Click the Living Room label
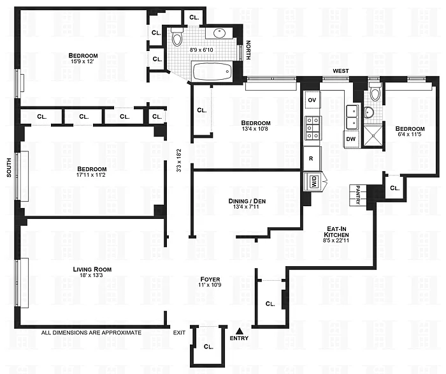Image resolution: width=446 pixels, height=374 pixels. pyautogui.click(x=92, y=269)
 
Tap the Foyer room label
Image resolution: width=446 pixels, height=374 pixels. pyautogui.click(x=210, y=279)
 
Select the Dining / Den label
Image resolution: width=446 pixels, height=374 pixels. pyautogui.click(x=247, y=201)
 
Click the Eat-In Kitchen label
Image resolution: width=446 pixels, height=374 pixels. pyautogui.click(x=336, y=232)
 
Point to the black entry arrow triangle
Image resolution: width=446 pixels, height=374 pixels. pyautogui.click(x=240, y=331)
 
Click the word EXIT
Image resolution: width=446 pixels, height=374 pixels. pyautogui.click(x=179, y=333)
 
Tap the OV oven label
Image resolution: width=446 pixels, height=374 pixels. pyautogui.click(x=312, y=100)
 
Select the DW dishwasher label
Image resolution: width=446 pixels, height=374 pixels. pyautogui.click(x=351, y=139)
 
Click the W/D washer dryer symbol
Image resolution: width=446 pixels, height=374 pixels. pyautogui.click(x=313, y=181)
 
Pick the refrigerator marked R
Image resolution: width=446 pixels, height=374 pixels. pyautogui.click(x=312, y=158)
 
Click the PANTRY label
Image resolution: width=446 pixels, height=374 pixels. pyautogui.click(x=358, y=195)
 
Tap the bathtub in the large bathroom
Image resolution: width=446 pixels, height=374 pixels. pyautogui.click(x=212, y=71)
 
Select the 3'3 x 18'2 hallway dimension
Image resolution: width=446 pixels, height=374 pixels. pyautogui.click(x=179, y=160)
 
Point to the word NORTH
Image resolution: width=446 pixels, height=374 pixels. pyautogui.click(x=248, y=50)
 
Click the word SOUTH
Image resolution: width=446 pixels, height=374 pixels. pyautogui.click(x=9, y=168)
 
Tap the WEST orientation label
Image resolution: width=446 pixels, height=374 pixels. pyautogui.click(x=341, y=71)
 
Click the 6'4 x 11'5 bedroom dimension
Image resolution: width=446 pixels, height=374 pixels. pyautogui.click(x=410, y=134)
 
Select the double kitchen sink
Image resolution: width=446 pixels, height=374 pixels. pyautogui.click(x=352, y=117)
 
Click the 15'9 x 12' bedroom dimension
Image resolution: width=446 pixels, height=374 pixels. pyautogui.click(x=82, y=61)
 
